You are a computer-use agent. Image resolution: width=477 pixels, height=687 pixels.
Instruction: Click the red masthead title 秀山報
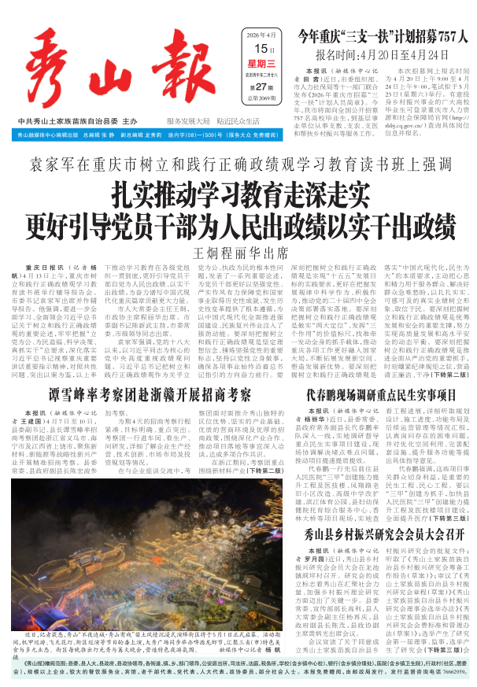(x=118, y=67)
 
